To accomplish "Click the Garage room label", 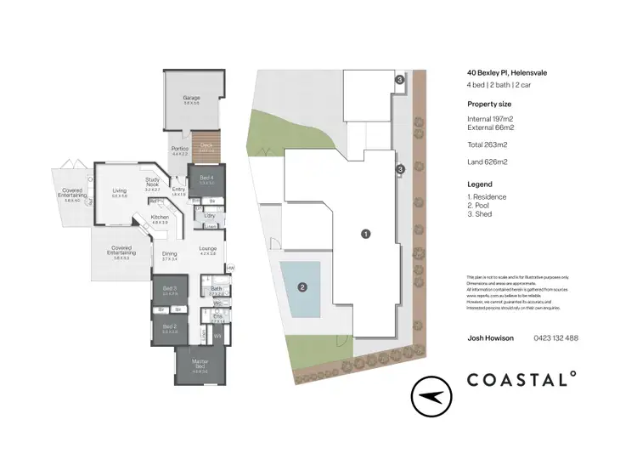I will pos(190,98).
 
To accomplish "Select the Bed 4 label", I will pos(206,178).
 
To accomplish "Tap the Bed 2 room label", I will pos(169,326).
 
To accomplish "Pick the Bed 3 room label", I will pos(169,289).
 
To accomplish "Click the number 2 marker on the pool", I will pos(302,286).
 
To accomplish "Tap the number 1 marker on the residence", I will pos(365,233).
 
